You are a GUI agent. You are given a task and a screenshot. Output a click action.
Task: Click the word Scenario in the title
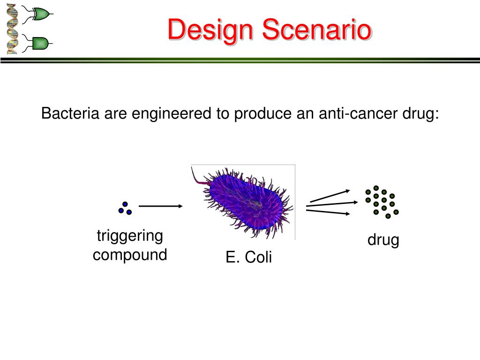click(x=317, y=29)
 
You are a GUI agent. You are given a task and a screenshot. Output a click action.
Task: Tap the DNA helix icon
click(x=12, y=29)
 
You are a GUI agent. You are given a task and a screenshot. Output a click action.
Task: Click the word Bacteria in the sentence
click(x=70, y=113)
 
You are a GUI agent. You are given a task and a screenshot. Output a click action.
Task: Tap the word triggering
click(x=130, y=237)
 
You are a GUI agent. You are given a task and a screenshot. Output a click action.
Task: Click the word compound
click(x=130, y=255)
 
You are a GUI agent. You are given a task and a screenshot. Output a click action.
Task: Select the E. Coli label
click(x=248, y=257)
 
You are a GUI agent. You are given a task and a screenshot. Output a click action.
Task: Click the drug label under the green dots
click(x=383, y=240)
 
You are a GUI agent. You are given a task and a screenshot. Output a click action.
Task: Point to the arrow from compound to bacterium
click(x=161, y=206)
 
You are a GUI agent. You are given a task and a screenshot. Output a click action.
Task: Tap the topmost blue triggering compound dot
click(x=125, y=204)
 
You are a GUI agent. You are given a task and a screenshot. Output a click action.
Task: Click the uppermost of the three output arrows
click(x=330, y=196)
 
